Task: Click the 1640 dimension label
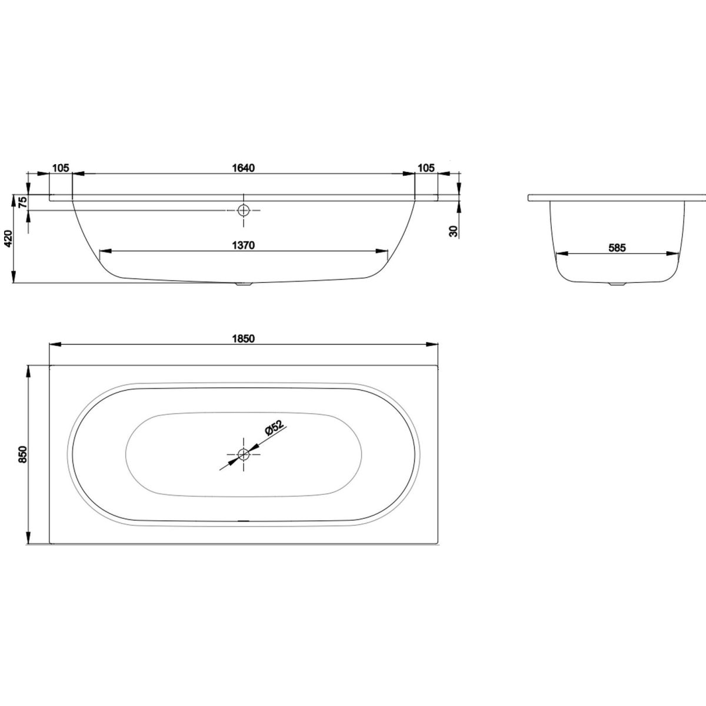(243, 168)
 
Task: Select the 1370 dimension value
(243, 245)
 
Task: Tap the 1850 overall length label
(243, 338)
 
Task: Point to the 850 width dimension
(23, 454)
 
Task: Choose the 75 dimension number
(23, 202)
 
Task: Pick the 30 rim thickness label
(454, 231)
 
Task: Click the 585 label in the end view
(617, 248)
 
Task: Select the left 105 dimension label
(61, 168)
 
